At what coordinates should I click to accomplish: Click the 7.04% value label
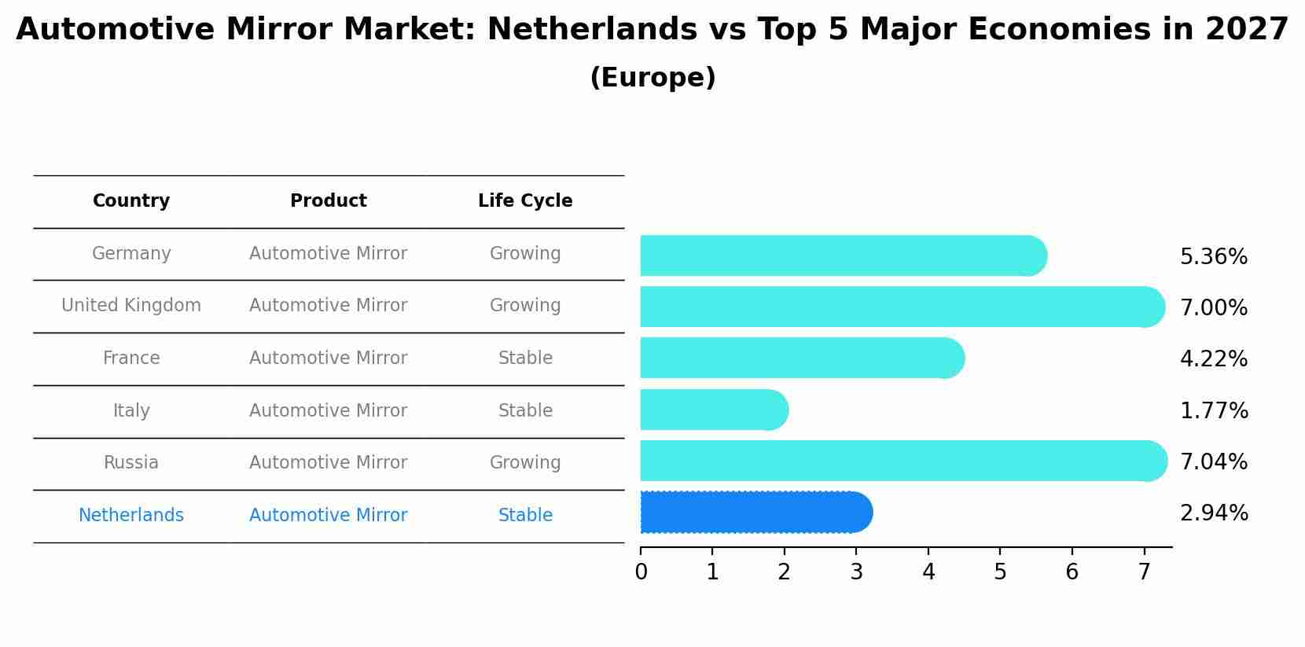1213,461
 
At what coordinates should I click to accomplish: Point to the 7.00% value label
1213,307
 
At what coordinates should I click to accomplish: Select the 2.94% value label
1213,513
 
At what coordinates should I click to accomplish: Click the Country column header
131,200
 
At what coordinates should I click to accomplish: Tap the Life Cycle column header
525,200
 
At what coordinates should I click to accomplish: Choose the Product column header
328,200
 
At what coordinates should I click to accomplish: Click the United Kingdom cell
131,305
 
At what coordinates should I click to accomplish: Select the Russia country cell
131,462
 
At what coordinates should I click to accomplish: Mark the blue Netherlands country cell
131,515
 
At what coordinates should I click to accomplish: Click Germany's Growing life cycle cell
525,253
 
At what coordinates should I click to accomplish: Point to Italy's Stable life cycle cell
525,410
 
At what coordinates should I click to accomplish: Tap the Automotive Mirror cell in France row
328,358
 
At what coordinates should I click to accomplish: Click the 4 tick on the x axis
928,572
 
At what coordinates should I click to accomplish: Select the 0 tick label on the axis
641,572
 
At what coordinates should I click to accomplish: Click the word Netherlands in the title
591,30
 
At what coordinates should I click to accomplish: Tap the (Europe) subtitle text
652,78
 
